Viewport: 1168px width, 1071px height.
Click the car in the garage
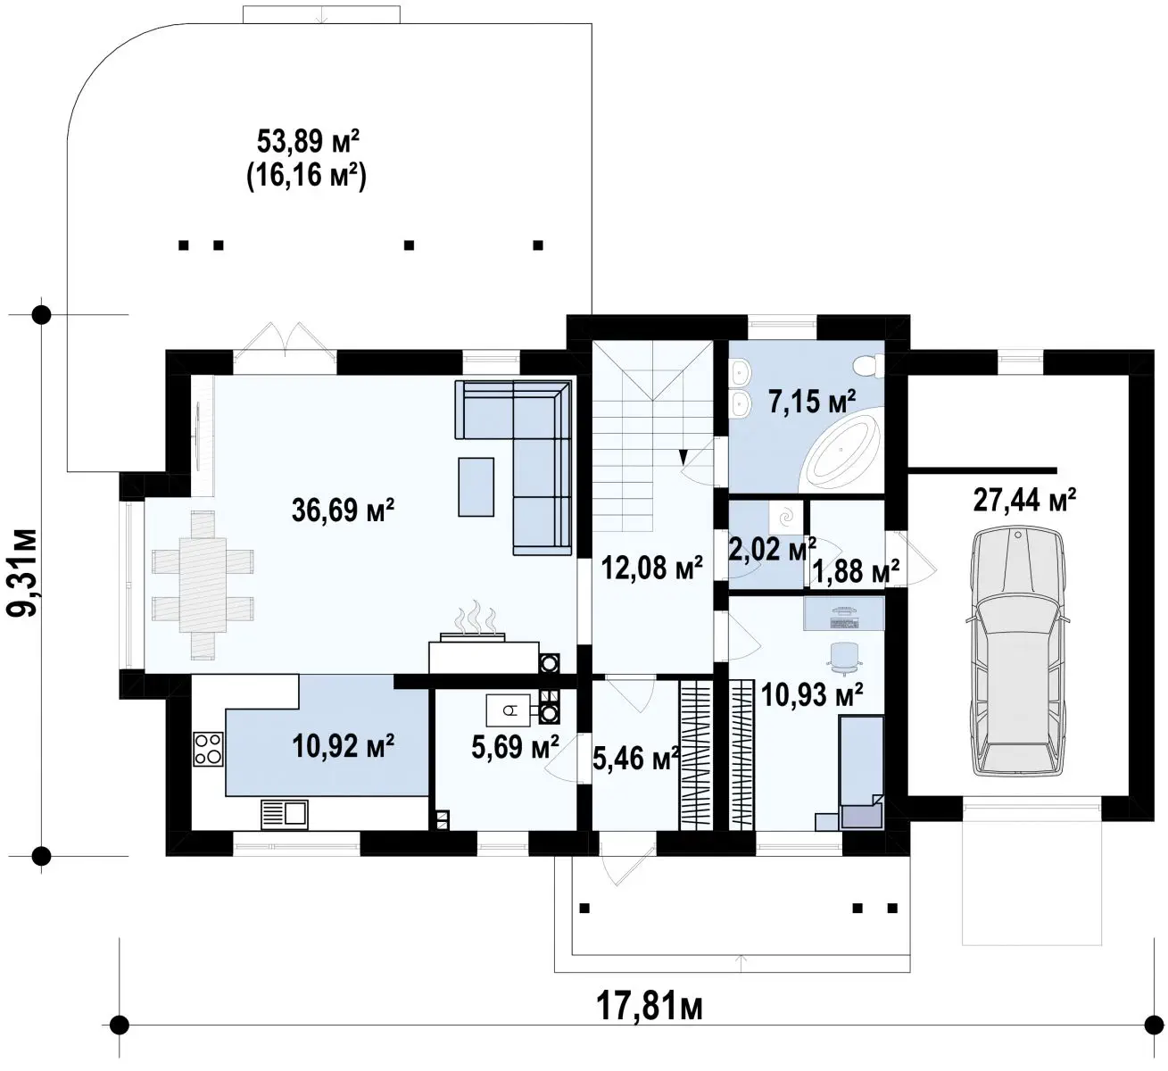click(1017, 652)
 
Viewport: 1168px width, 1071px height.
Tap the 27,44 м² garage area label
click(1023, 500)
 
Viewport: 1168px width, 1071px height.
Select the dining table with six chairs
click(203, 584)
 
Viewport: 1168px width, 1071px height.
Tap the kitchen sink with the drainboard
click(284, 814)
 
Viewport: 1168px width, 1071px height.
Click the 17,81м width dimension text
click(650, 1007)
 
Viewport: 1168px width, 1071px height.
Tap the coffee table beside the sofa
click(476, 487)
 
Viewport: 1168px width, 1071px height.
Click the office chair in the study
click(844, 658)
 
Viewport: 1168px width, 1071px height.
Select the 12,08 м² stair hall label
click(651, 567)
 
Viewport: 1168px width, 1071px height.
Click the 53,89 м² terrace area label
click(308, 141)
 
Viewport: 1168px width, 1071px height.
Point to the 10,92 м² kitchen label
click(343, 745)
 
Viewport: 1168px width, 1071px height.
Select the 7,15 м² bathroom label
click(812, 402)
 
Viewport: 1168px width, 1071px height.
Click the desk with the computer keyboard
click(843, 612)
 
